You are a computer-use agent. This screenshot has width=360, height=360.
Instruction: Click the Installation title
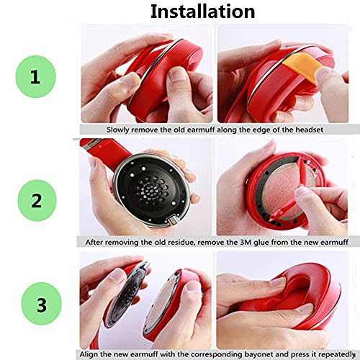coord(202,12)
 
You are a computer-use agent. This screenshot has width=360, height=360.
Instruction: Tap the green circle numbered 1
coord(36,76)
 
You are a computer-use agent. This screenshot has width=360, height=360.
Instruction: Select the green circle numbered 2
coord(37,200)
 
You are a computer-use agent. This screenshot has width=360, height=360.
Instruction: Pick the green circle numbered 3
coord(41,304)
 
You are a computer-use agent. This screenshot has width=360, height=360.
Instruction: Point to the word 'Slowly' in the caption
coord(118,130)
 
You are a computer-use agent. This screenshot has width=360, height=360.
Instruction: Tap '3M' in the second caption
coord(246,243)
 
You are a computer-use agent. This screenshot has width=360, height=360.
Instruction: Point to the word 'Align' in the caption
coord(88,354)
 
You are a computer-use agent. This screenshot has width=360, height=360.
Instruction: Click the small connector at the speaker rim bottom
coord(174,220)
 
